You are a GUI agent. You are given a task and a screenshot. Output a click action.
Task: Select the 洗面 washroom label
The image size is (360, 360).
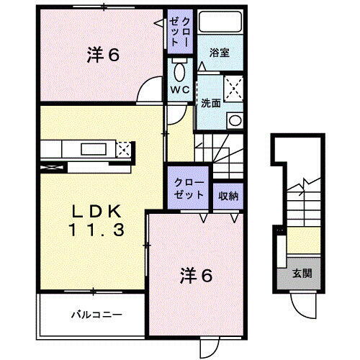pos(210,102)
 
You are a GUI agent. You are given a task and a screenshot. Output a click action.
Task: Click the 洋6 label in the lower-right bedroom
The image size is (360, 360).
pos(194,275)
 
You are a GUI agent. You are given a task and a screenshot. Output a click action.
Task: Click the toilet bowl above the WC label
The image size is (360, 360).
pos(179,71)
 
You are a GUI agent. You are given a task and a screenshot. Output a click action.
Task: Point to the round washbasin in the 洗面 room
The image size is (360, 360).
pos(234,120)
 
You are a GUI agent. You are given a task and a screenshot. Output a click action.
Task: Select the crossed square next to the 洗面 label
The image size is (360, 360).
pos(234,89)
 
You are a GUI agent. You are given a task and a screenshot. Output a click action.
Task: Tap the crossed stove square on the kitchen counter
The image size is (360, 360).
pos(124,150)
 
